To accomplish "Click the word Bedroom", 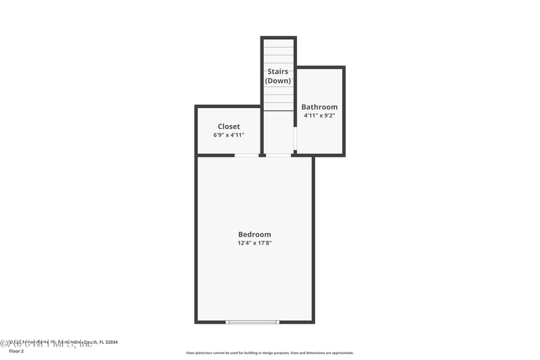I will tap(254, 234).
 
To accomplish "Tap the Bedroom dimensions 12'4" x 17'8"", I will tap(254, 243).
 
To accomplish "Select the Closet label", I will tap(229, 126).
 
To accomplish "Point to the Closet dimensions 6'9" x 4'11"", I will tap(229, 135).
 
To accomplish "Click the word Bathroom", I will tap(319, 107).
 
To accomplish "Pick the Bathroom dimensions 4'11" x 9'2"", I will tap(319, 115).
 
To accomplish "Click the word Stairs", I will tap(278, 72).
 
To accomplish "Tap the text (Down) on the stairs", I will tap(278, 81).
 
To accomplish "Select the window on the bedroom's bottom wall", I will tap(252, 322).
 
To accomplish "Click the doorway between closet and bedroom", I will tap(246, 155).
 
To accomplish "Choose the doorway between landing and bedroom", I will tap(278, 155).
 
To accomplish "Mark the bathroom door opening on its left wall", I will tap(296, 138).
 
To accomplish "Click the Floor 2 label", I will tap(16, 351).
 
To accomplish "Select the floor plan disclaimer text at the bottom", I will tap(270, 353).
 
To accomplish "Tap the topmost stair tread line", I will tap(278, 46).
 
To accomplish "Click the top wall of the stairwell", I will tap(278, 38).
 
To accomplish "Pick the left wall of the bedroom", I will tap(196, 236).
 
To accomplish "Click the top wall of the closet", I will tap(228, 106).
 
